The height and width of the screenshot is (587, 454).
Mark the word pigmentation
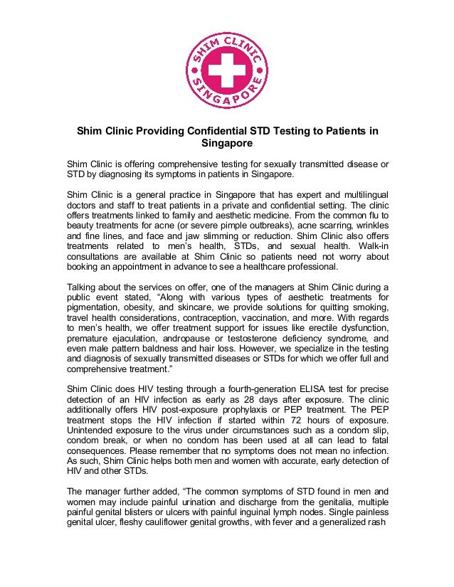[x=96, y=307]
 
